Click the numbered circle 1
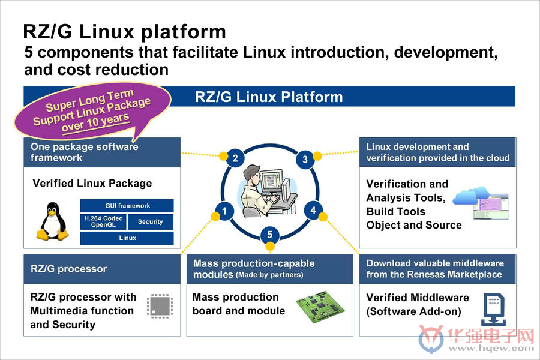pyautogui.click(x=224, y=211)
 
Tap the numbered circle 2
pyautogui.click(x=235, y=158)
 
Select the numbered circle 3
pyautogui.click(x=305, y=159)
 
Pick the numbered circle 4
pyautogui.click(x=313, y=210)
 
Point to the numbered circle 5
pyautogui.click(x=269, y=235)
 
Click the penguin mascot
pyautogui.click(x=52, y=221)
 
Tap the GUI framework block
pyautogui.click(x=127, y=206)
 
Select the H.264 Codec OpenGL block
pyautogui.click(x=103, y=221)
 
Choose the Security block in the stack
pyautogui.click(x=151, y=221)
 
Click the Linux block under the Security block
pyautogui.click(x=127, y=238)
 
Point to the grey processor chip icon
pyautogui.click(x=160, y=306)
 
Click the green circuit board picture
pyautogui.click(x=320, y=306)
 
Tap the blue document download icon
pyautogui.click(x=494, y=310)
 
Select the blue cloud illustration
pyautogui.click(x=470, y=196)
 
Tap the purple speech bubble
pyautogui.click(x=93, y=110)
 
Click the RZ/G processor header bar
pyautogui.click(x=102, y=269)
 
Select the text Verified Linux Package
pyautogui.click(x=92, y=183)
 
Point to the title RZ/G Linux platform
pyautogui.click(x=124, y=32)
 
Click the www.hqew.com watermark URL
pyautogui.click(x=491, y=348)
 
